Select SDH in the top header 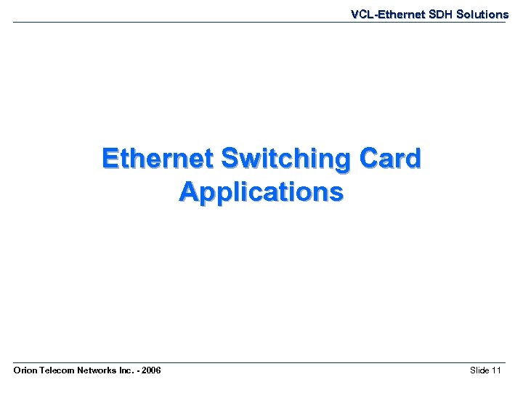[434, 15]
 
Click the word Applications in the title [261, 192]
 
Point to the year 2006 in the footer [151, 371]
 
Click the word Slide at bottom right [479, 371]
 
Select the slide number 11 [497, 371]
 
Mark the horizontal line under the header [261, 22]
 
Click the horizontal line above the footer [261, 362]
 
